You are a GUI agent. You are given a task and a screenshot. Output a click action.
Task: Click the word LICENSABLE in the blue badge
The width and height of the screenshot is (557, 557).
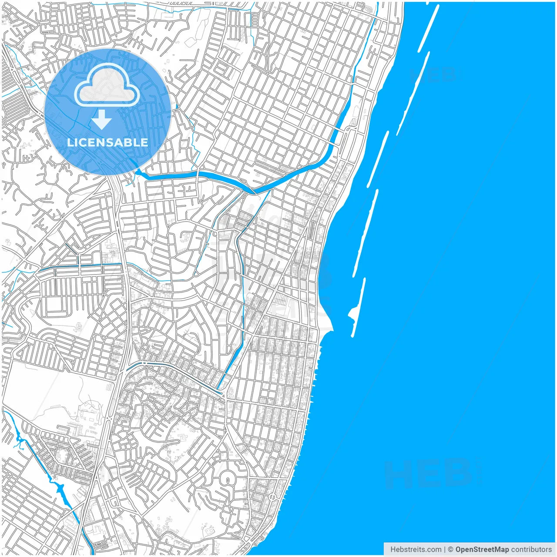tap(107, 142)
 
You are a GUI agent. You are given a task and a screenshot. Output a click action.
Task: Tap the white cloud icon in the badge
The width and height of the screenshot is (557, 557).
tap(107, 86)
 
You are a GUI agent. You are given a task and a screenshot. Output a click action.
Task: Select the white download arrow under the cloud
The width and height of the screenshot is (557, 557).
tap(102, 119)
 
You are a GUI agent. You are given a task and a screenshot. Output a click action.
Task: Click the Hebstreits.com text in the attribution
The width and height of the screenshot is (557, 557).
tap(416, 550)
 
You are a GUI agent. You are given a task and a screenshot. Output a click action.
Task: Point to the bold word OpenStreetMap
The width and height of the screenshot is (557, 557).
tap(482, 550)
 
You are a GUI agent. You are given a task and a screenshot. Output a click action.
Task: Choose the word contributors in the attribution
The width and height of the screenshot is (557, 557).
tap(531, 550)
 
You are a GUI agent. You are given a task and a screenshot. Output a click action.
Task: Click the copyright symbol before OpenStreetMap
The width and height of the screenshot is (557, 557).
tap(451, 550)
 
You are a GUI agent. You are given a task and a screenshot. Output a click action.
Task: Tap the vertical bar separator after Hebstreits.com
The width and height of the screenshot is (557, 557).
tap(445, 550)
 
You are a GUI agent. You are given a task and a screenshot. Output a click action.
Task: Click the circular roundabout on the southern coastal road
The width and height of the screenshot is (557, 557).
tap(272, 497)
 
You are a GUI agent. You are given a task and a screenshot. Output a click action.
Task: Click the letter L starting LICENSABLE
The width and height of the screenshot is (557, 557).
tap(70, 142)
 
